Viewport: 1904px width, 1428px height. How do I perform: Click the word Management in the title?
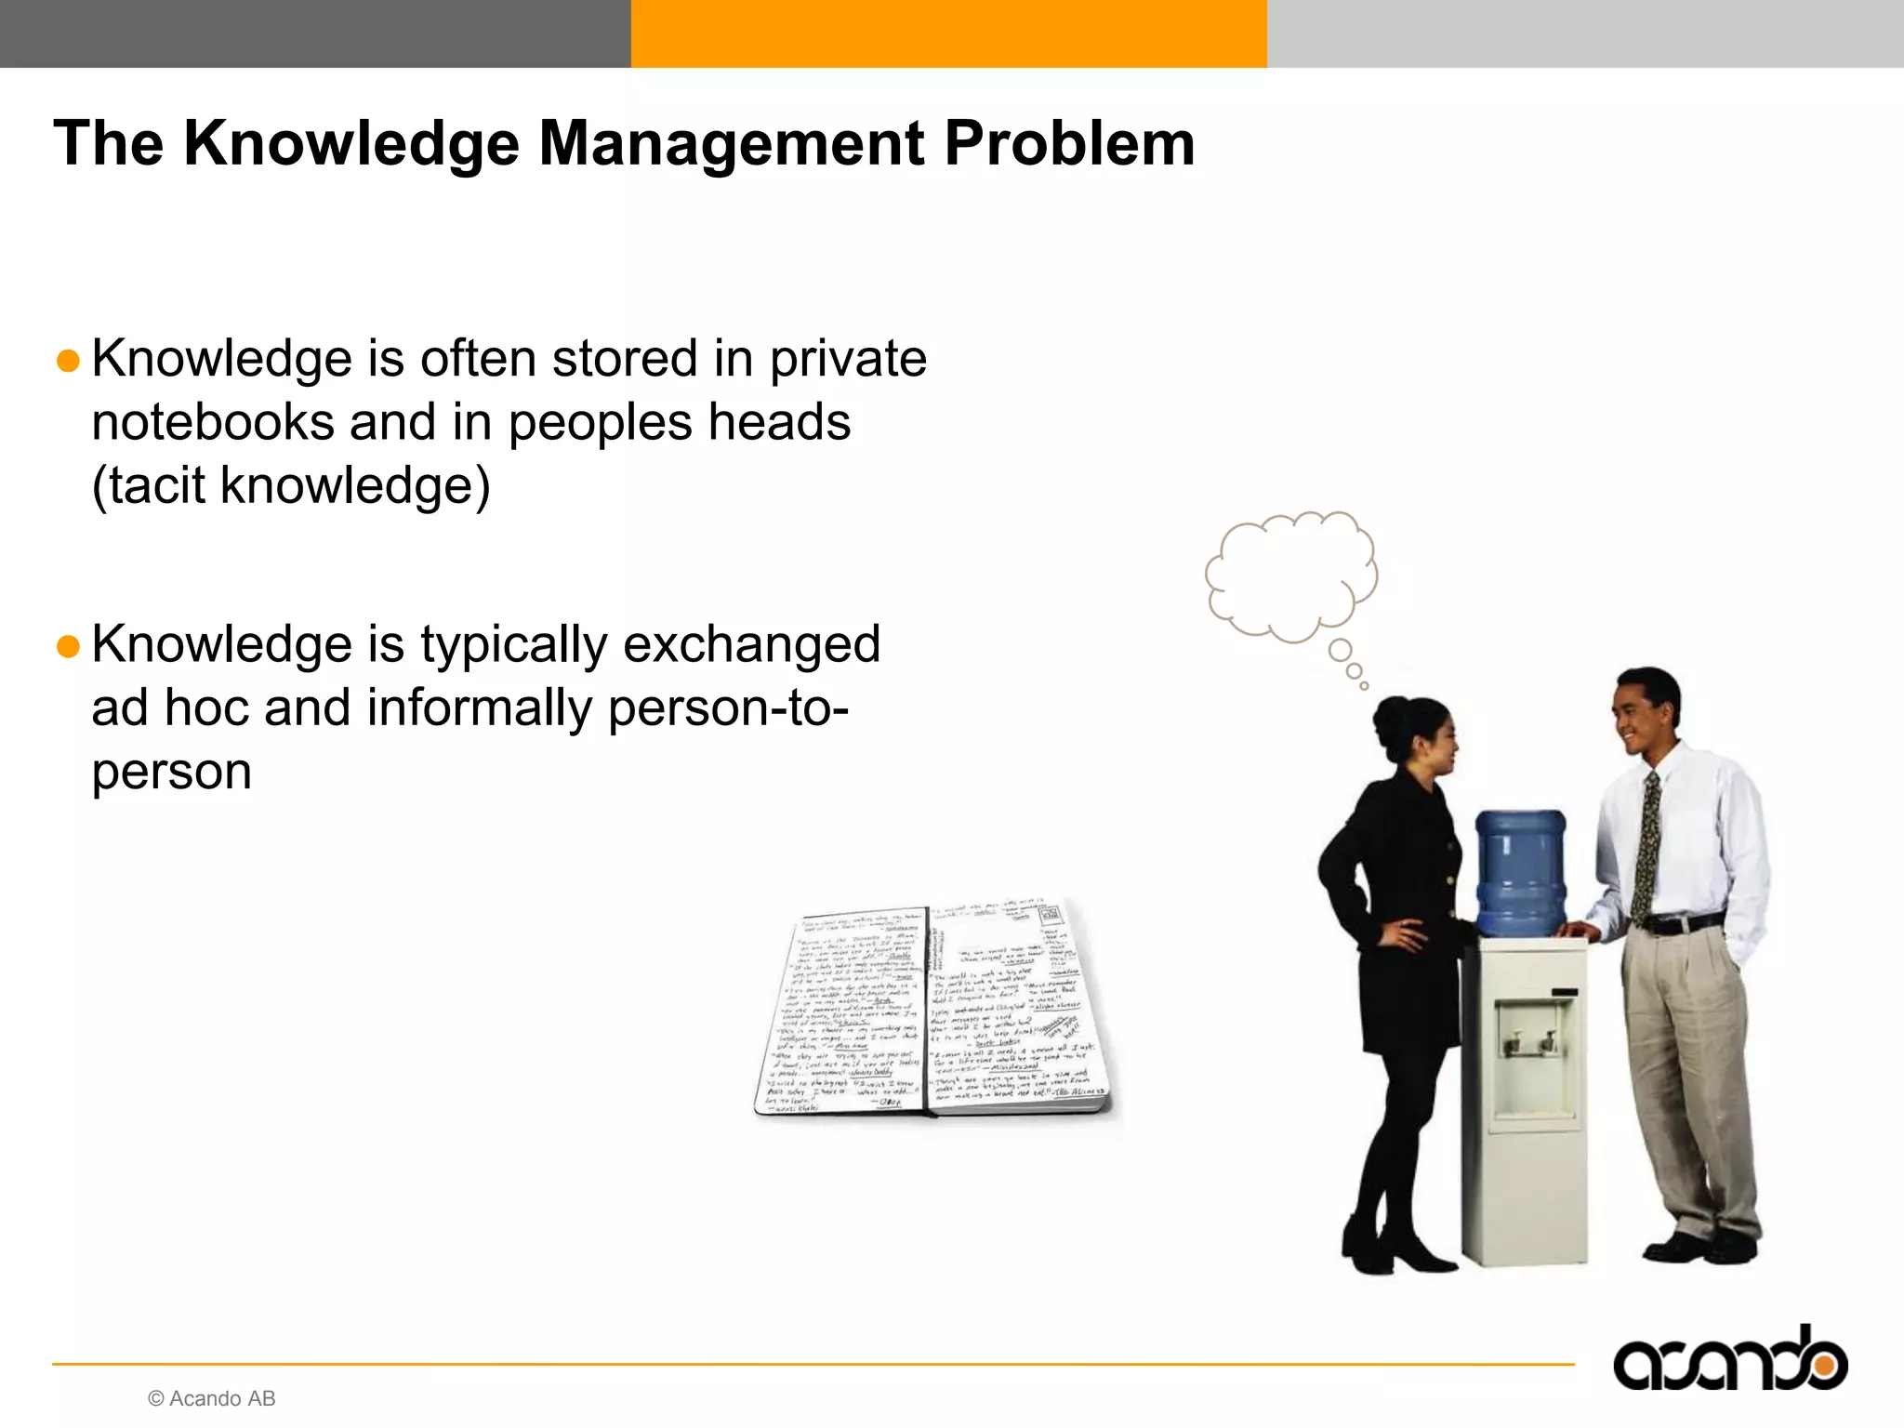(x=731, y=144)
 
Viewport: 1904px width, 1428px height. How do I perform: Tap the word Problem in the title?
(x=1069, y=144)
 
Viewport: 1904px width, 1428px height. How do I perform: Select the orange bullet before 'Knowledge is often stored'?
(x=68, y=361)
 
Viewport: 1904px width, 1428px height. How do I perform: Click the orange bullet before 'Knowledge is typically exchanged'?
(x=68, y=646)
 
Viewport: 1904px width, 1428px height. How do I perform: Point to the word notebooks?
(x=212, y=423)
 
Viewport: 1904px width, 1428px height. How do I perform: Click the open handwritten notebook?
(x=932, y=1009)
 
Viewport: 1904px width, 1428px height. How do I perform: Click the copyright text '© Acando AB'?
(x=212, y=1398)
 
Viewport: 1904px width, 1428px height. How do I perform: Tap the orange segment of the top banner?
(x=948, y=33)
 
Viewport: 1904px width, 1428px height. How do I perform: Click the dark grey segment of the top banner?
(x=316, y=33)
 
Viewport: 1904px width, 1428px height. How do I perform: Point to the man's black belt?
(x=1683, y=924)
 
